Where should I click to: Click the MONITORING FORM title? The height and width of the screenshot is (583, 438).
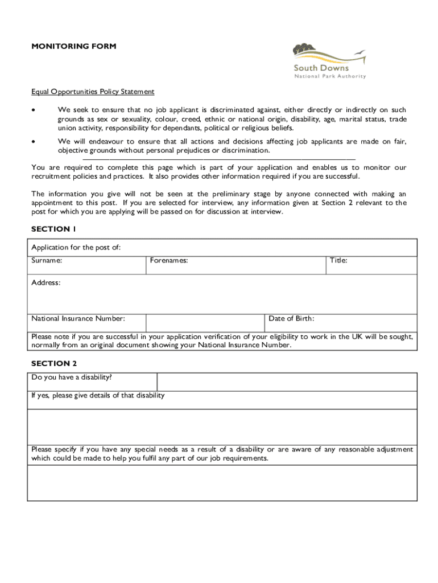point(74,46)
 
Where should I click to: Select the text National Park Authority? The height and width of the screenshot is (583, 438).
point(330,76)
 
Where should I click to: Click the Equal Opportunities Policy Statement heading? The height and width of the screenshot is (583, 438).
point(93,92)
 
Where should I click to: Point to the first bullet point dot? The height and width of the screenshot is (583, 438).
point(35,110)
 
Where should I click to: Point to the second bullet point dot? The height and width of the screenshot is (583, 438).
point(35,142)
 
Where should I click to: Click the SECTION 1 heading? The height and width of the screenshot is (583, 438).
point(53,229)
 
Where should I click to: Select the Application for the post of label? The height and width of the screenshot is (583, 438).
point(76,247)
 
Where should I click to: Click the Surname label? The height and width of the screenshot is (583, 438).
point(47,260)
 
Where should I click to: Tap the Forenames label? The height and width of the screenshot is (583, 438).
point(169,260)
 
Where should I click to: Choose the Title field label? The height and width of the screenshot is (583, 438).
point(338,260)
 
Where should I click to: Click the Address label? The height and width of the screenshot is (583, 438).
point(46,282)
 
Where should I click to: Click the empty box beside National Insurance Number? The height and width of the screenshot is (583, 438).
point(205,323)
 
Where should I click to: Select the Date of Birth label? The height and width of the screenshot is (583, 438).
point(291,318)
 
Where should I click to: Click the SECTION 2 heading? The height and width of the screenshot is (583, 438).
point(54,363)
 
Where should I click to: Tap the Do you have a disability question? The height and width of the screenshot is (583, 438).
point(72,377)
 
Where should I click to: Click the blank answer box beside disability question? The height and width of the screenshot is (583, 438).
point(287,382)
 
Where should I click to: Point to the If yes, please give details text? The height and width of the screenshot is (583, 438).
point(98,395)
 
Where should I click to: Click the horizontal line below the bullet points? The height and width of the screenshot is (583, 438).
point(219,160)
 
